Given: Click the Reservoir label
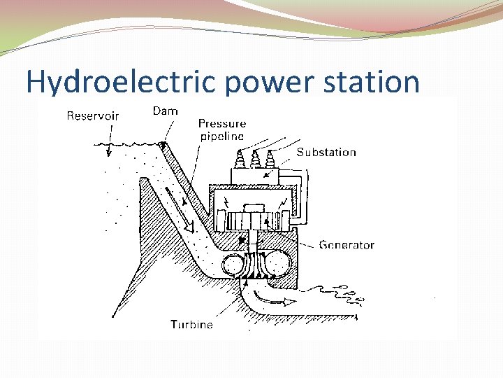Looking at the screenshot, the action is [x=93, y=115].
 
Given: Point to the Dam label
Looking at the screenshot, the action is [x=165, y=111].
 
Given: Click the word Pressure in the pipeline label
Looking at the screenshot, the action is [x=222, y=124].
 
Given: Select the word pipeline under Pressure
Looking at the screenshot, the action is [x=221, y=136].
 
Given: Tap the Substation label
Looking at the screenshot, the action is [x=326, y=152].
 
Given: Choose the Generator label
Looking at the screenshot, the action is [x=347, y=245].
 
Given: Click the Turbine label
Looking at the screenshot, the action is [x=192, y=324].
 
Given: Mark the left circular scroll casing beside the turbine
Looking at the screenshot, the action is [x=233, y=267].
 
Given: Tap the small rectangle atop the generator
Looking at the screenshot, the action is [x=252, y=208].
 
